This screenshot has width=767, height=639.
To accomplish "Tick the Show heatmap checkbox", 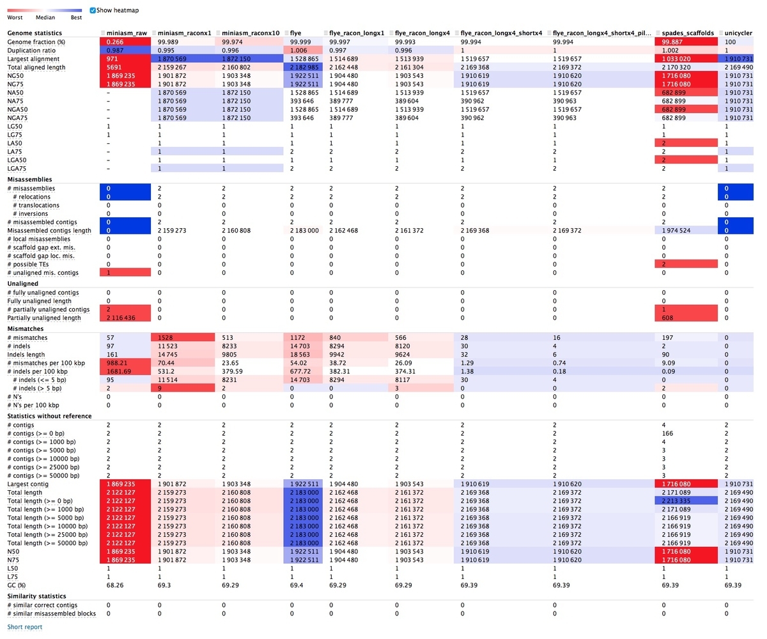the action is pyautogui.click(x=93, y=10).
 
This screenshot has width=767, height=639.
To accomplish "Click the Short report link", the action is pyautogui.click(x=25, y=626).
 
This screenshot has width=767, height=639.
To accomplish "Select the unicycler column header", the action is pyautogui.click(x=738, y=33).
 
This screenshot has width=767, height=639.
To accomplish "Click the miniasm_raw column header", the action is pyautogui.click(x=127, y=33).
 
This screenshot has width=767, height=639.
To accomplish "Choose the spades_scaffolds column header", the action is pyautogui.click(x=688, y=33).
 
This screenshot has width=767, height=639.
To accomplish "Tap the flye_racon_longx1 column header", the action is pyautogui.click(x=356, y=33).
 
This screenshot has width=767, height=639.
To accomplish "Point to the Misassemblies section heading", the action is pyautogui.click(x=30, y=179).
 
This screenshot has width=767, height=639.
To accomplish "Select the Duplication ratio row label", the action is pyautogui.click(x=31, y=50).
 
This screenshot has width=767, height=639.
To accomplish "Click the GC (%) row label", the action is pyautogui.click(x=17, y=585).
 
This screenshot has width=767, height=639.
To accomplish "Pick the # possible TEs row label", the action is pyautogui.click(x=28, y=264).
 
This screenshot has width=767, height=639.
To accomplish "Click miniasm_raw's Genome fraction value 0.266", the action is pyautogui.click(x=115, y=42).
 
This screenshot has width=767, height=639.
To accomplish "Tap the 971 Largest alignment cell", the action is pyautogui.click(x=112, y=59).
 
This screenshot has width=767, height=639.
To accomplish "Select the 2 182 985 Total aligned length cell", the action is pyautogui.click(x=304, y=67).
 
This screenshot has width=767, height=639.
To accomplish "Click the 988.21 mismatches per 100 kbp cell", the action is pyautogui.click(x=117, y=363).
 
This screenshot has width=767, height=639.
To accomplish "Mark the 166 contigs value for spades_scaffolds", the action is pyautogui.click(x=667, y=433).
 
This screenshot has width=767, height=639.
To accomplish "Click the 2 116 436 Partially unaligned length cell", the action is pyautogui.click(x=121, y=318).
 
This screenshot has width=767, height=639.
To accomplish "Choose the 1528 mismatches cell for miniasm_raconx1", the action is pyautogui.click(x=165, y=337).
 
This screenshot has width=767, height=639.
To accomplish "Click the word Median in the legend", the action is pyautogui.click(x=45, y=17).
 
